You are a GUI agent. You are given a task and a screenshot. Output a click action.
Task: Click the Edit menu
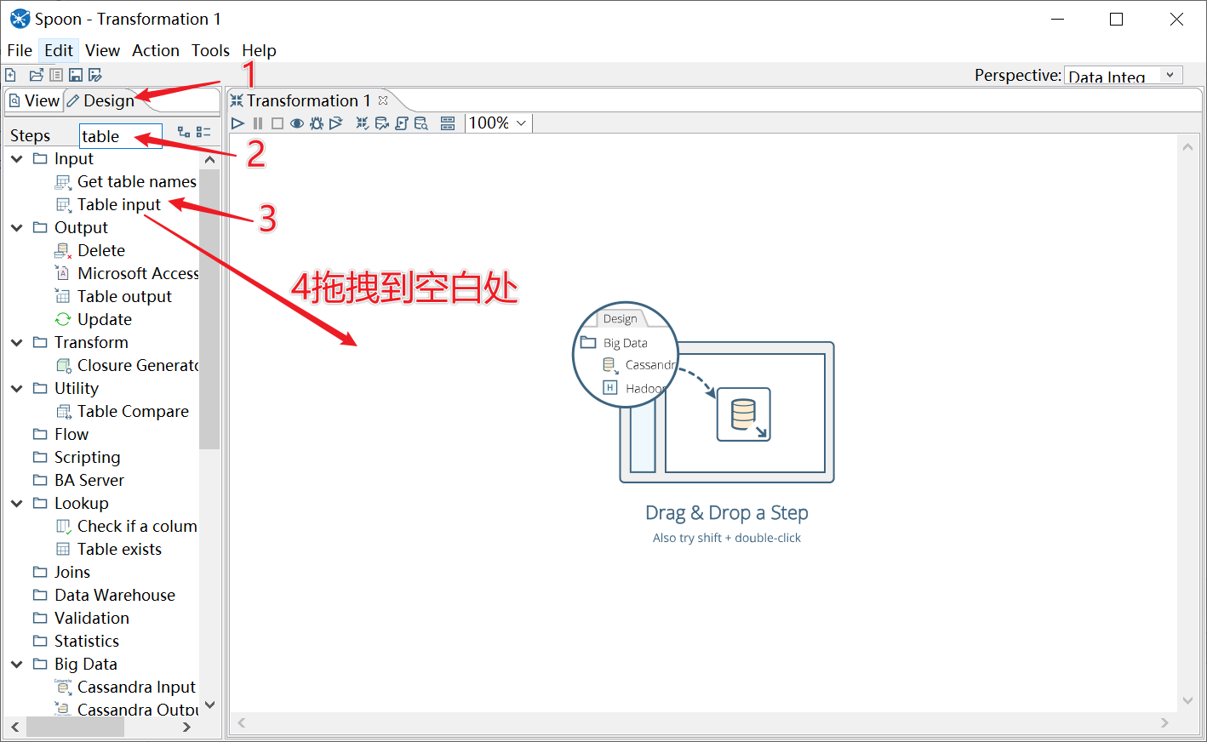(58, 51)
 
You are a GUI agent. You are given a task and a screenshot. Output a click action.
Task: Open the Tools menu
(210, 51)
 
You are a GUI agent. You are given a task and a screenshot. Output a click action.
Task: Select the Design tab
(101, 100)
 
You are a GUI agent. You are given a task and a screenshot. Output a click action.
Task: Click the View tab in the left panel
(35, 100)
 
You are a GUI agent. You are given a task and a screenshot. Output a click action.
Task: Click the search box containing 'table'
(121, 136)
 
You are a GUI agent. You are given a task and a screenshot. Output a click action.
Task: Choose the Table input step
(119, 205)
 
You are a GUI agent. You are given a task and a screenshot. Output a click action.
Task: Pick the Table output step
(124, 296)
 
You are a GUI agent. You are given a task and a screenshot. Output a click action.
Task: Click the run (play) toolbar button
(237, 123)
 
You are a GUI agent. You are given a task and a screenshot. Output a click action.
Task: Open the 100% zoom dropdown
(497, 123)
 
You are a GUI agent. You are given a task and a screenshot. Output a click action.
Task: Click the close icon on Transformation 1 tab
(383, 100)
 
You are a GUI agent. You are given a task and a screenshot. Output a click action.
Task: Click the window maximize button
(1116, 20)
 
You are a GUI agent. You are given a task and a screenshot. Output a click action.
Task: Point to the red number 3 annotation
(267, 218)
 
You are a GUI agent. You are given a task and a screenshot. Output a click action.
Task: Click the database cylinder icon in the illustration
(743, 414)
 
